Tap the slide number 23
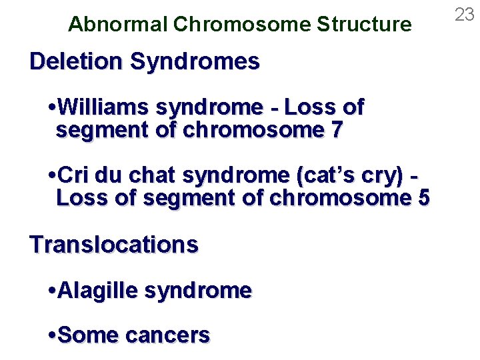(x=464, y=15)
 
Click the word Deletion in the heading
(x=77, y=62)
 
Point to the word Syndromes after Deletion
(x=195, y=62)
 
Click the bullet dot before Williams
(x=53, y=107)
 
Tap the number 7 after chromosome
(x=336, y=129)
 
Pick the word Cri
(x=75, y=175)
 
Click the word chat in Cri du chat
(x=153, y=175)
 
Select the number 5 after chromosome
(x=423, y=198)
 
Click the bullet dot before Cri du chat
(x=53, y=176)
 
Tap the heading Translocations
(x=114, y=245)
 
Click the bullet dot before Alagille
(x=53, y=291)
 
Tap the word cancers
(x=167, y=335)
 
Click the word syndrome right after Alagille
(x=198, y=291)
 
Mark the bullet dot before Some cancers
(x=53, y=335)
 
